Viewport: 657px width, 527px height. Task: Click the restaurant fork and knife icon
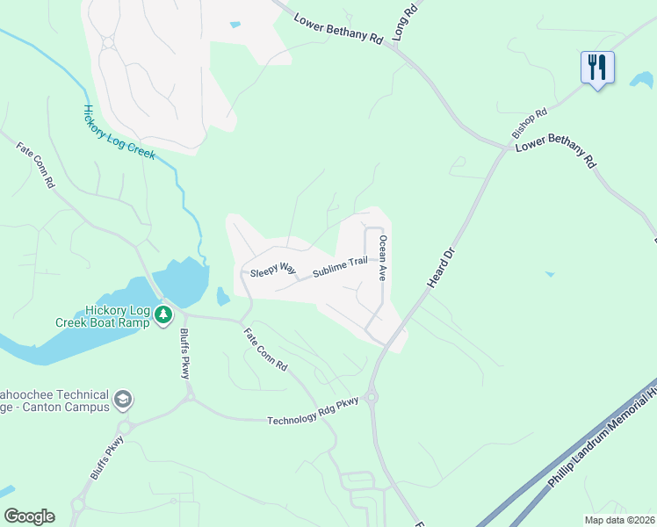click(596, 68)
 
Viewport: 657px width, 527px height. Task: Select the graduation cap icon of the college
click(123, 400)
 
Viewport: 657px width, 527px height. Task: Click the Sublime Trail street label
click(339, 267)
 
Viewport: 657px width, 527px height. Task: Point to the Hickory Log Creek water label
click(119, 133)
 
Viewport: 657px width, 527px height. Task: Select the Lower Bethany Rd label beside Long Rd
click(338, 30)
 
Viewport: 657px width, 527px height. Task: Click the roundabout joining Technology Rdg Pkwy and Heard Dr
click(373, 398)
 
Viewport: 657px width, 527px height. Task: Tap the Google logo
click(29, 516)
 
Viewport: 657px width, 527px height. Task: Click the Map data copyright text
click(620, 519)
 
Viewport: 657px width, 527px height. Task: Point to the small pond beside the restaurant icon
click(641, 81)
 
